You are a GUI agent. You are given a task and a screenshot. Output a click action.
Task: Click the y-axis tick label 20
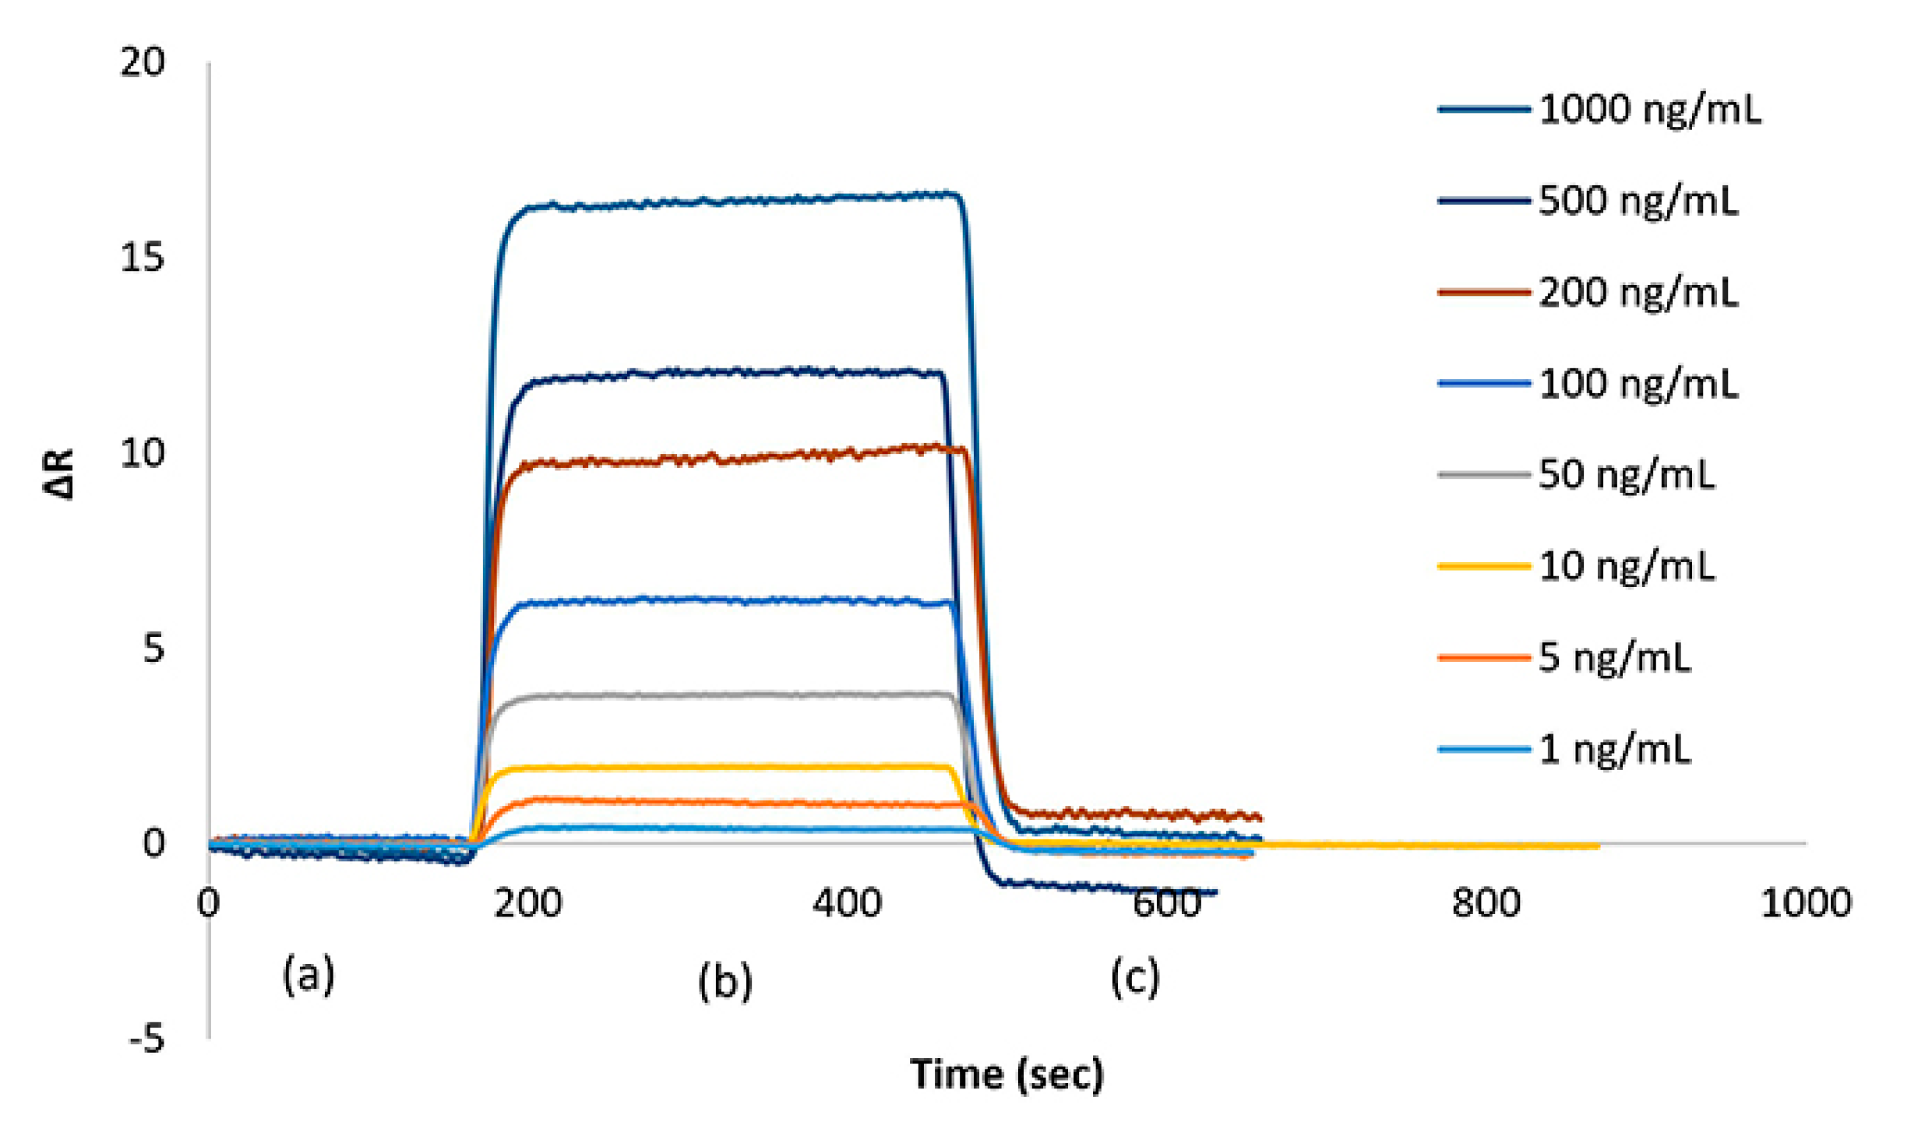click(x=143, y=62)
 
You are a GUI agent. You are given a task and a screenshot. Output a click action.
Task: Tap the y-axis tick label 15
click(x=143, y=257)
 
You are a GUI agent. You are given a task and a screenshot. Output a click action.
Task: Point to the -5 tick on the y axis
click(x=146, y=1039)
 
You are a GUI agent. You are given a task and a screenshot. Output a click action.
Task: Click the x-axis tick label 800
click(x=1486, y=903)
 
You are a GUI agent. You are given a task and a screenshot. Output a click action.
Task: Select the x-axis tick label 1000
click(x=1806, y=903)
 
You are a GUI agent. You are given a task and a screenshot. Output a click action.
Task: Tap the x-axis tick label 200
click(x=527, y=903)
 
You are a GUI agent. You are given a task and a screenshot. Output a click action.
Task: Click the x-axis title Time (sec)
click(x=1007, y=1075)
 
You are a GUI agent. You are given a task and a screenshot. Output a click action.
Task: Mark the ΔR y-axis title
click(x=59, y=473)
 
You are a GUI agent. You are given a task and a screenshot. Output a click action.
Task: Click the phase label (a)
click(x=308, y=974)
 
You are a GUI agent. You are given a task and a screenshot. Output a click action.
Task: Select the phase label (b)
click(x=725, y=981)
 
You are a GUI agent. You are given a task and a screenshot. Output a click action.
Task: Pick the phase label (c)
click(x=1134, y=977)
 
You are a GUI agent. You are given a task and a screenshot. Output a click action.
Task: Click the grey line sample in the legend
click(x=1483, y=475)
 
